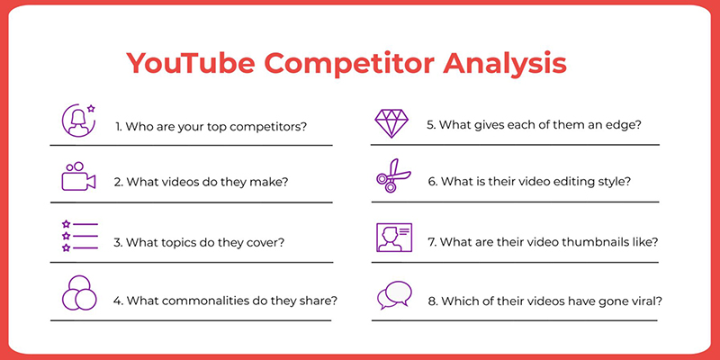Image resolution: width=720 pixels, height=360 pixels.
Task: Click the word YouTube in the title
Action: coord(190,63)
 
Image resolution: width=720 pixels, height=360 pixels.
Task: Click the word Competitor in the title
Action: coord(348,64)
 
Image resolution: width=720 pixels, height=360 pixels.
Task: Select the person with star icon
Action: coord(78,121)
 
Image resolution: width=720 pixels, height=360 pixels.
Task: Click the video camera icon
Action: coord(78,176)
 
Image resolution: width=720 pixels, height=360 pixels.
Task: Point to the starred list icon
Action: coord(80,236)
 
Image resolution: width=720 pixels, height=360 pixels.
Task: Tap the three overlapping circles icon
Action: coord(79,293)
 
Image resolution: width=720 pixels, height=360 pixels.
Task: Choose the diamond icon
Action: coord(391,123)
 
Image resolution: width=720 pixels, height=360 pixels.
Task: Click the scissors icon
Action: coord(393,175)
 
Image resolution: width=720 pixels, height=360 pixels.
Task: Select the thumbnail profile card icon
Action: coord(394,238)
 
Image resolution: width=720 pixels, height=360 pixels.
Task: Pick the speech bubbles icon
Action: coord(394,295)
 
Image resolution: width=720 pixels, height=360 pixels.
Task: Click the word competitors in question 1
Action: coord(267,127)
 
